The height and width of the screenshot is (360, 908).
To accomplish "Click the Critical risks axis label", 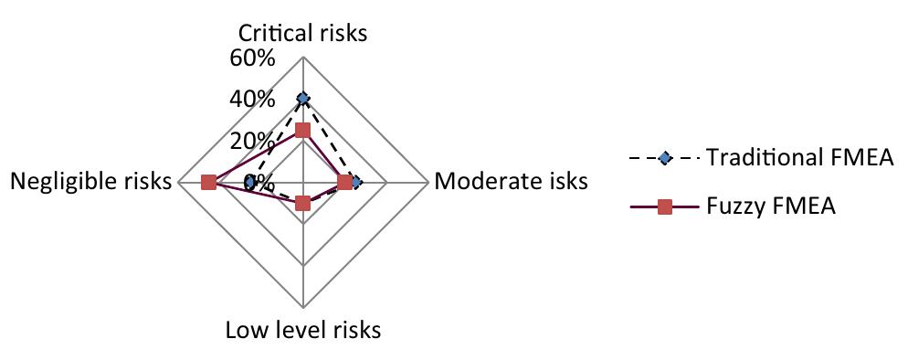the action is point(302,34).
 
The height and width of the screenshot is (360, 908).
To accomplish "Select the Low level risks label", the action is point(302,329).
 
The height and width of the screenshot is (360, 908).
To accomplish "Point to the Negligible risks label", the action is point(90,182).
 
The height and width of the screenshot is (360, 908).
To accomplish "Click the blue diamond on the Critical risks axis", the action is point(303,99).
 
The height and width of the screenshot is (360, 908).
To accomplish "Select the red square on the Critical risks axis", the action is point(303,131).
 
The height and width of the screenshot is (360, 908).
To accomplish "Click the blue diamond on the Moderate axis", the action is point(356,183).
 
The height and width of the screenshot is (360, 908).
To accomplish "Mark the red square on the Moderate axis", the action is point(344,183).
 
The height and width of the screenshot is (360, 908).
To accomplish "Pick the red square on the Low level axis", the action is point(303,204).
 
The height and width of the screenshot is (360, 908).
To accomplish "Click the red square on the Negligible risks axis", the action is point(208,183).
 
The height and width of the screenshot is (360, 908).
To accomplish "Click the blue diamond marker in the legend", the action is point(665,159).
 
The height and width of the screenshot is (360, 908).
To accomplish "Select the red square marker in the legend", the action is point(665,207).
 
